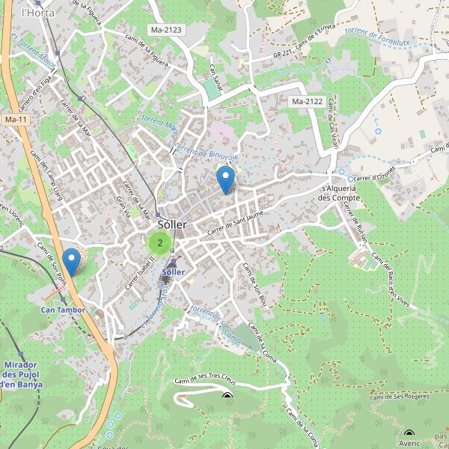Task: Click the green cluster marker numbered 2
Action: (159, 242)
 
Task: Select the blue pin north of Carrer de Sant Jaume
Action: (224, 180)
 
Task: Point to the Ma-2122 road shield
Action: (307, 101)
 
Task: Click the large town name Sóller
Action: (172, 224)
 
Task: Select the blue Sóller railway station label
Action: (174, 271)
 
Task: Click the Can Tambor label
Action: (63, 309)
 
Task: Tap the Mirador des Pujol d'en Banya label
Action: (22, 374)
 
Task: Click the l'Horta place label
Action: (34, 13)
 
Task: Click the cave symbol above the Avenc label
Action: (409, 433)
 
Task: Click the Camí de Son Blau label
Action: (254, 284)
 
